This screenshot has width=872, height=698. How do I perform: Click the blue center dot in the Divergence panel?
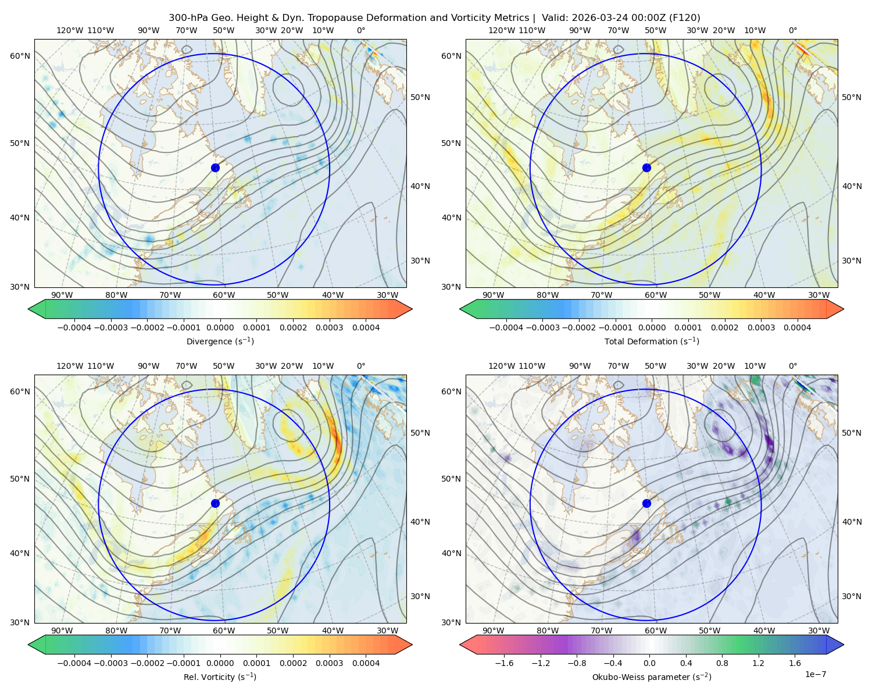coord(215,168)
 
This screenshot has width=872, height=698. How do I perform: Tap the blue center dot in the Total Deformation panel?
coord(646,168)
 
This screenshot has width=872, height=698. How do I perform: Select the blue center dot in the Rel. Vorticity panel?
coord(215,503)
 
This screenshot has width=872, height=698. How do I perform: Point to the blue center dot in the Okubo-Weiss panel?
coord(646,503)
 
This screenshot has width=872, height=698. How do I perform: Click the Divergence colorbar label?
coord(220,341)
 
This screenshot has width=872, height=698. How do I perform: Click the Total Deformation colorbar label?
coord(652,341)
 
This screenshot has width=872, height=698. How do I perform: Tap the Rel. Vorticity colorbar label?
coord(220,676)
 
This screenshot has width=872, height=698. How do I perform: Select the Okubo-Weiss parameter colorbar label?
coord(652,676)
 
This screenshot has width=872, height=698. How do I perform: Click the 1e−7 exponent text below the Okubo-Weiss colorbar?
coord(815,674)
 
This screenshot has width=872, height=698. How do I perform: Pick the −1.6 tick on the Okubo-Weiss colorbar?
coord(504,663)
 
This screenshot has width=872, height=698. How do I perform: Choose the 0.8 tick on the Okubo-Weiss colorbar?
coord(722,663)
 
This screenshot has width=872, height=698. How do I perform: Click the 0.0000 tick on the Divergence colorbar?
coord(220,327)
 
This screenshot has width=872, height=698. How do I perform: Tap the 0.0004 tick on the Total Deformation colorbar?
coord(797,327)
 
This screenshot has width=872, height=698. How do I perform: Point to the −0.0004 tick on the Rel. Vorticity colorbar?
coord(74,663)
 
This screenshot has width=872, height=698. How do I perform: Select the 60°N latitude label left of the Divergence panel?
coord(20,56)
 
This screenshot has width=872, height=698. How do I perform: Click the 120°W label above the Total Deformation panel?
coord(502,30)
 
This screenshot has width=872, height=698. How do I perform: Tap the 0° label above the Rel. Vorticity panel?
coord(361,366)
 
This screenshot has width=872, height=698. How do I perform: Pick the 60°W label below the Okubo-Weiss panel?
coord(656,631)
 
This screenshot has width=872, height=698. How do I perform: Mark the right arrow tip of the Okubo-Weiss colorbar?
coord(844,644)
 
